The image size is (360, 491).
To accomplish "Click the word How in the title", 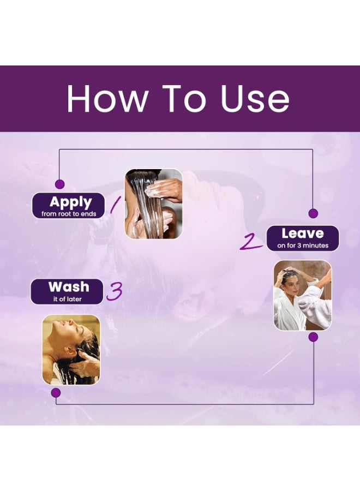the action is point(107,98).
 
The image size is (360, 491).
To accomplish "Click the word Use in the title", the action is point(255,98).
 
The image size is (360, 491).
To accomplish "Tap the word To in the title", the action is point(184,98).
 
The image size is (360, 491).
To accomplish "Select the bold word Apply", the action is point(71,202).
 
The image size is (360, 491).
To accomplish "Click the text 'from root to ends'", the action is point(69,214).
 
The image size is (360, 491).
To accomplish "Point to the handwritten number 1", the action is point(115,205).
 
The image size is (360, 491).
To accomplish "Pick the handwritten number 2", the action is point(251,242).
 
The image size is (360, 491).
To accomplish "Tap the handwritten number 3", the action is point(114,291).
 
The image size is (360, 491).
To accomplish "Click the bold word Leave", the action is point(302,233).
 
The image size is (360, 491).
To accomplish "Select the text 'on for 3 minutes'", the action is point(303,245).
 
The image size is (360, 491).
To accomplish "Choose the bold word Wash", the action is point(69,287).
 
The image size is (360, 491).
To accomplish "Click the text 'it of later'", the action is point(67,299).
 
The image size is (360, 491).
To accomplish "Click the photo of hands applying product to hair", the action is point(153,204).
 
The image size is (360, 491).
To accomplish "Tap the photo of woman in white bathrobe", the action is point(303,295).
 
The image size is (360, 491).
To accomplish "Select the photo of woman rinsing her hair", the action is point(71,350).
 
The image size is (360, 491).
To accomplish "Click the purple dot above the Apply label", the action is point(59,184).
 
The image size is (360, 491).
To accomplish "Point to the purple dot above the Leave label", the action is point(313,213).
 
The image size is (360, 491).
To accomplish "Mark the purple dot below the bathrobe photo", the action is point(313,337).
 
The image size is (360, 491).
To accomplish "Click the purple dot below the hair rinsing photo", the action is point(56,393).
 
